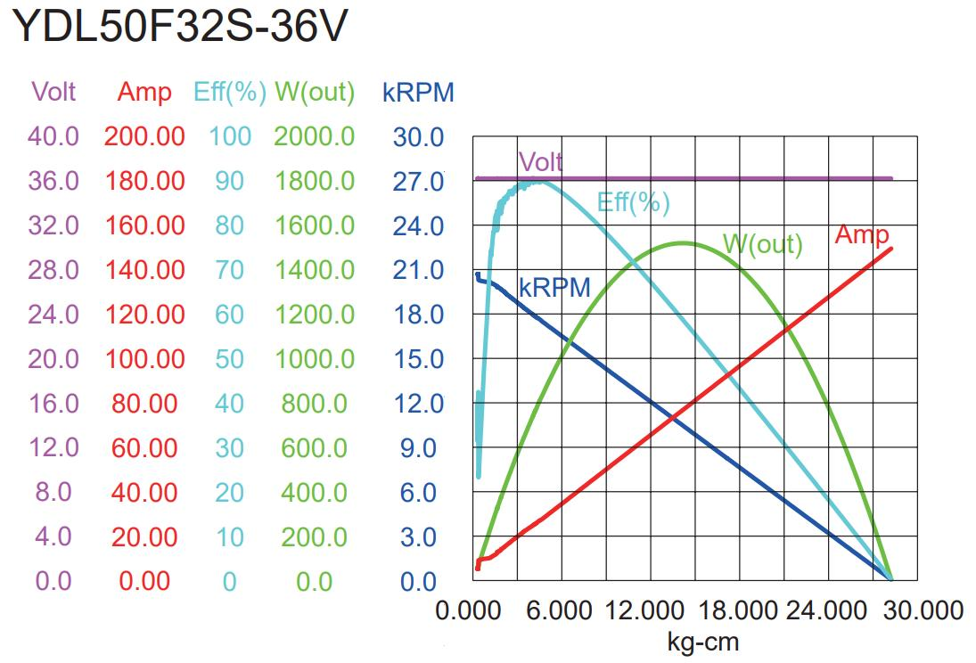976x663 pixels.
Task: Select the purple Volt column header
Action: [x=53, y=92]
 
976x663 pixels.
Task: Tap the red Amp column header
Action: [x=144, y=92]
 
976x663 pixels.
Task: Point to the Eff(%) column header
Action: [x=230, y=92]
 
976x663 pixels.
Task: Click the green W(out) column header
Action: [x=315, y=92]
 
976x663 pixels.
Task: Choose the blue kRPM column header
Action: [x=418, y=92]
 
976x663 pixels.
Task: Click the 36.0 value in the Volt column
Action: [x=53, y=181]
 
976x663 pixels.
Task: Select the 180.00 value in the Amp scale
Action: [x=144, y=181]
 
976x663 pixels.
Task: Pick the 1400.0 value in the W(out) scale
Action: [x=315, y=270]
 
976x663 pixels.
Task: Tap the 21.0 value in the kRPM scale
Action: [x=418, y=270]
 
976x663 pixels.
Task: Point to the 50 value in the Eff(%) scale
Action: [x=230, y=359]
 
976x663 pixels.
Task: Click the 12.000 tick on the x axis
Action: [x=642, y=611]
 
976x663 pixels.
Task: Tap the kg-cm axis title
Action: [x=702, y=641]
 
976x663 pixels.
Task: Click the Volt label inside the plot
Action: [x=540, y=161]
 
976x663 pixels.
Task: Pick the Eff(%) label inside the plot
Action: [x=633, y=202]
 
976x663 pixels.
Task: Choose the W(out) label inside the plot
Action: [x=763, y=243]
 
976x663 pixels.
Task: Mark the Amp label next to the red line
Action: [x=862, y=234]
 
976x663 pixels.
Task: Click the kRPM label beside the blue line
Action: [x=554, y=287]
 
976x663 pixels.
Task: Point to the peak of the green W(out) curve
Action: [x=683, y=242]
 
